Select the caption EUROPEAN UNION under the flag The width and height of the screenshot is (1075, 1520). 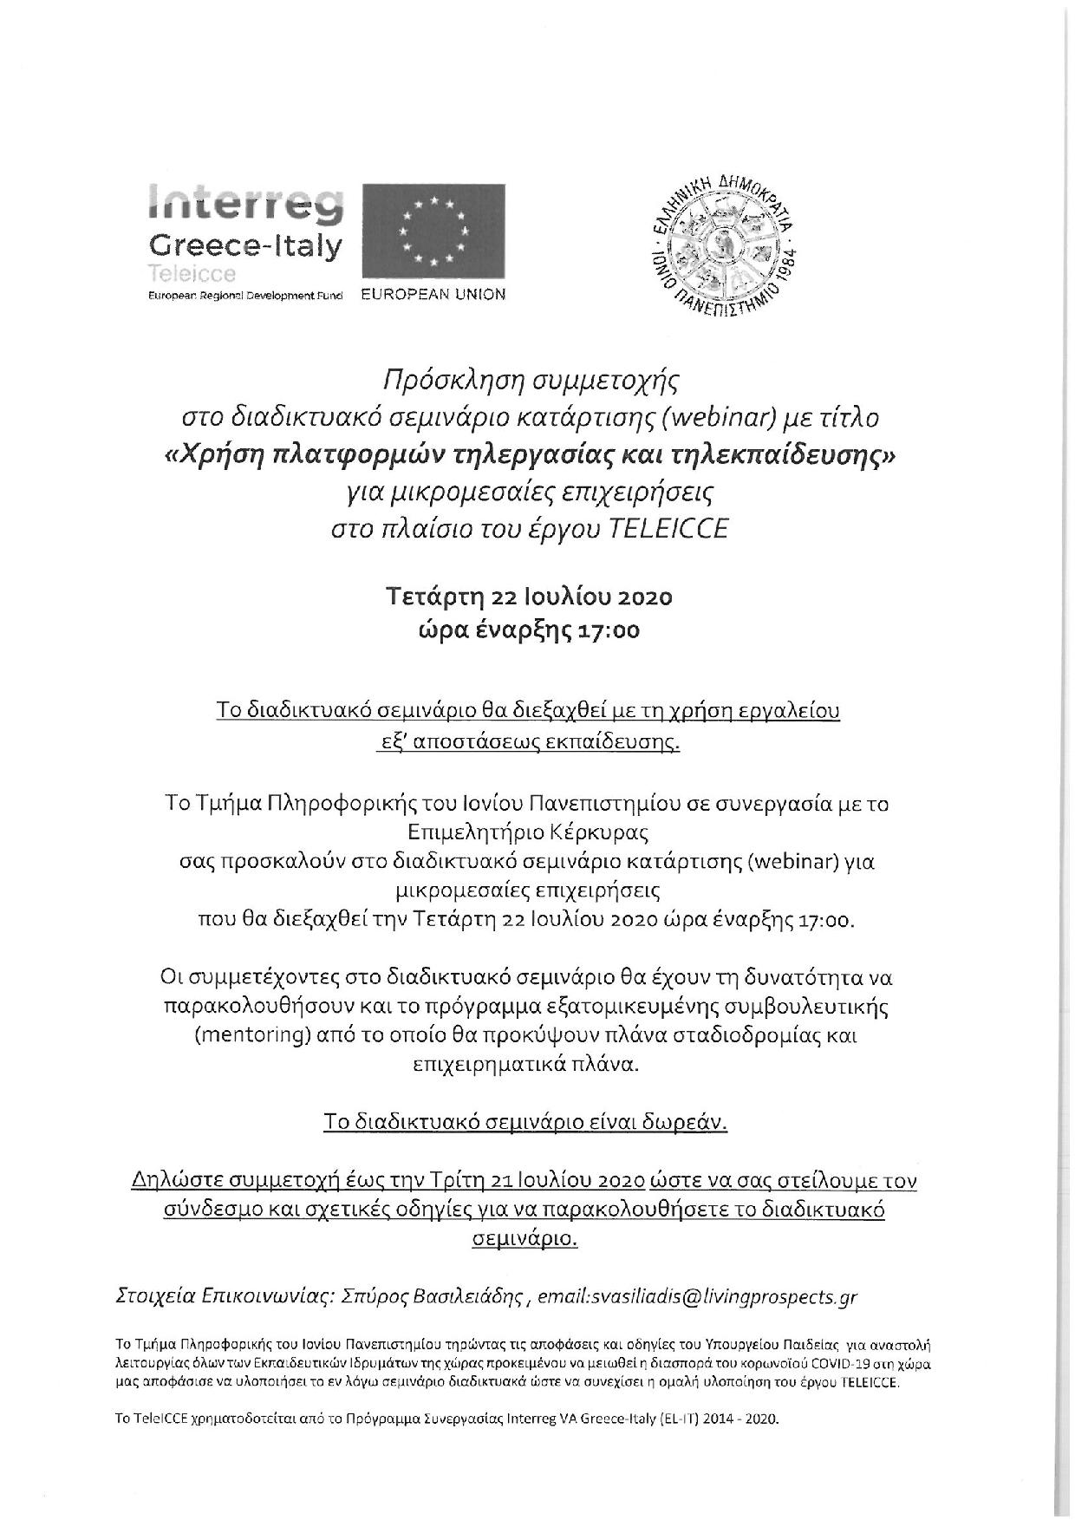pos(433,294)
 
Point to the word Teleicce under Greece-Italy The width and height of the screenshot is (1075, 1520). pos(192,274)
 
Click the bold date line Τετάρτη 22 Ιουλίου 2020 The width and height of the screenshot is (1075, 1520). pos(529,597)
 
